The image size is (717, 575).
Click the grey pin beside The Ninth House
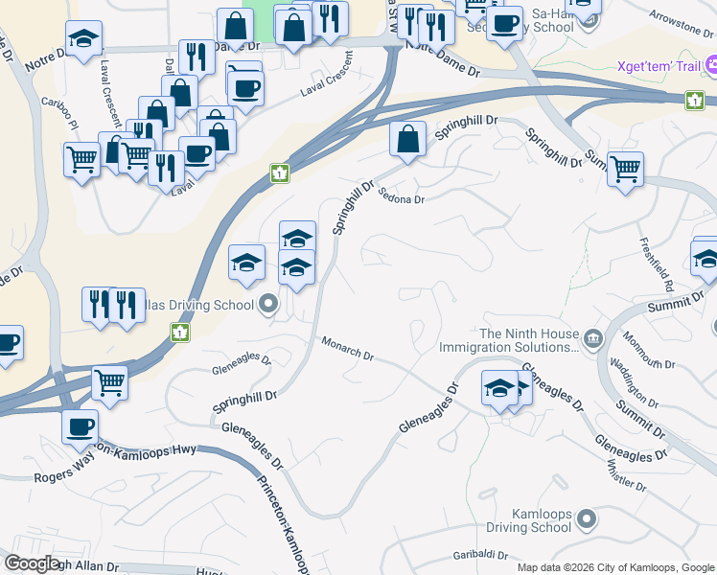(592, 336)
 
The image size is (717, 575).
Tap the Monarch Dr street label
(347, 349)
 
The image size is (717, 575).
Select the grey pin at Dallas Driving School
(268, 305)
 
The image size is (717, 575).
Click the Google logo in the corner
(32, 563)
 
